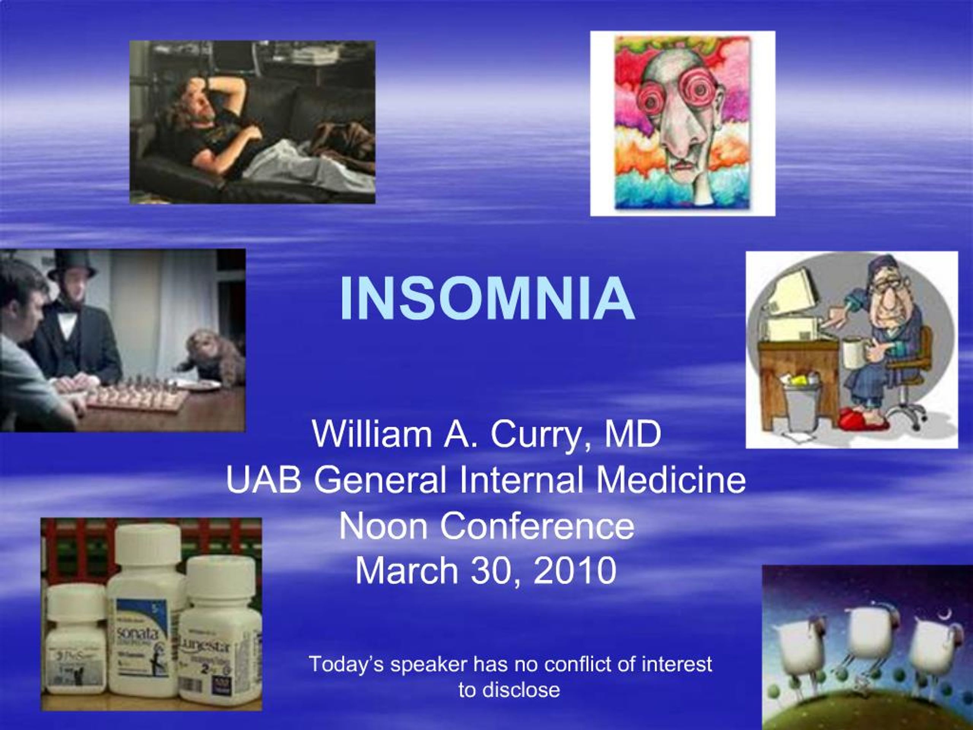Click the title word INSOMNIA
click(x=486, y=299)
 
